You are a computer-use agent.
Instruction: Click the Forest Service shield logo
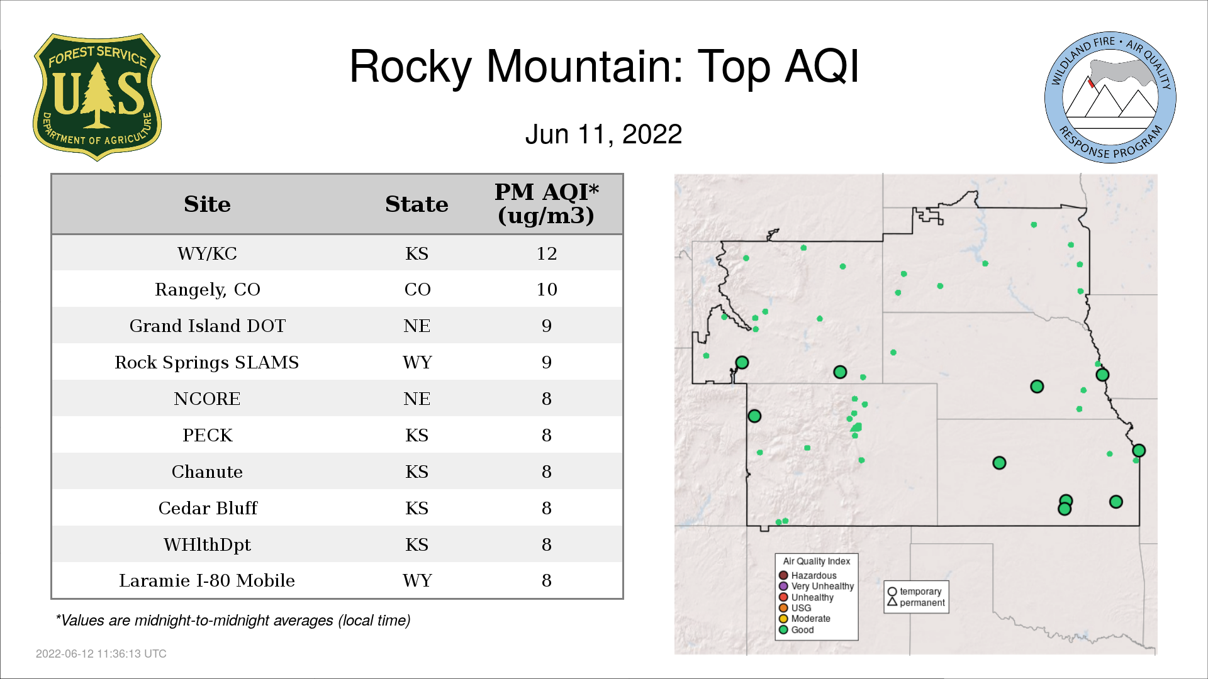click(97, 97)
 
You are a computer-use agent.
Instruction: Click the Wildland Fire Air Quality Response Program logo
click(1110, 97)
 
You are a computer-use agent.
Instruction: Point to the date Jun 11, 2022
click(603, 135)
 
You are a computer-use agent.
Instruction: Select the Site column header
click(207, 204)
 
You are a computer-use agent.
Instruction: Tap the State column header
click(417, 204)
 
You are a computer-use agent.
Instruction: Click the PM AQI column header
click(546, 204)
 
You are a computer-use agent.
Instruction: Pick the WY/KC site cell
click(207, 253)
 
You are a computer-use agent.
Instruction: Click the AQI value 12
click(546, 253)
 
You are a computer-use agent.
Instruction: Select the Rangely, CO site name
click(207, 290)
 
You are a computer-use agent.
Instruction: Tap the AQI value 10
click(546, 290)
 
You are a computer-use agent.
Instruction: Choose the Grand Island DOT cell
click(207, 326)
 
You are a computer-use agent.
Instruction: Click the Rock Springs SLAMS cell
click(207, 363)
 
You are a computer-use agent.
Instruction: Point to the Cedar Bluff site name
click(207, 508)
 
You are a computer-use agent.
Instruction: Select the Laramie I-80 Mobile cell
click(207, 580)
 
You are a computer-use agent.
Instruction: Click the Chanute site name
click(207, 472)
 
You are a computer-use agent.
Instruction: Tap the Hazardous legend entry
click(808, 575)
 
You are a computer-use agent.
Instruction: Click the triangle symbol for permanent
click(892, 602)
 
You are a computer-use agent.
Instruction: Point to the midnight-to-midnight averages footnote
click(233, 621)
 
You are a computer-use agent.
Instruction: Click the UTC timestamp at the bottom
click(101, 654)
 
